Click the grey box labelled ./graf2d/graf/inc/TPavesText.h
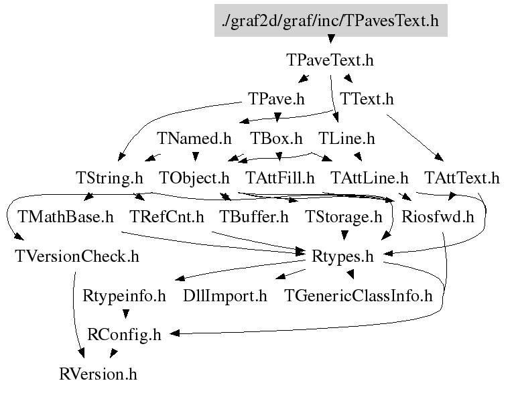[x=330, y=21]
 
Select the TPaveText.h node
[x=330, y=60]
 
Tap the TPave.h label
[x=276, y=100]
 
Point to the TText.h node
[x=367, y=100]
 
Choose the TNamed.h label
[x=194, y=139]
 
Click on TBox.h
[x=277, y=139]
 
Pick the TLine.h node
[x=346, y=139]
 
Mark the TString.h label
[x=110, y=179]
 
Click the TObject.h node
[x=194, y=179]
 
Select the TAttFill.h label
[x=280, y=179]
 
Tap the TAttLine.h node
[x=370, y=179]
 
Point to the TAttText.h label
[x=462, y=179]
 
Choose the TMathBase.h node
[x=66, y=218]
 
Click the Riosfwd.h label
[x=438, y=218]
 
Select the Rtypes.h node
[x=342, y=256]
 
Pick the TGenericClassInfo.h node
[x=359, y=296]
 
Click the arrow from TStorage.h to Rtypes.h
[x=344, y=234]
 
